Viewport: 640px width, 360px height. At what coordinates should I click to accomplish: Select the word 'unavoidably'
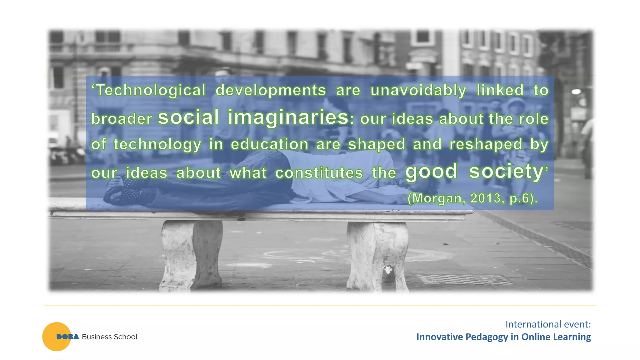click(418, 90)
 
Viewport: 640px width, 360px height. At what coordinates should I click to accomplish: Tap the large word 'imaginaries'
click(288, 117)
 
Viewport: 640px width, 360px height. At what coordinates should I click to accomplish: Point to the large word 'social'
click(188, 117)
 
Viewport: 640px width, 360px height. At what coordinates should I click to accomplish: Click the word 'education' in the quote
click(270, 144)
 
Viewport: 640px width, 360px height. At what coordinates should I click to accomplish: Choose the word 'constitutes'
click(319, 173)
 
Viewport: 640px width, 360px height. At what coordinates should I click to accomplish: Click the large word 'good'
click(431, 172)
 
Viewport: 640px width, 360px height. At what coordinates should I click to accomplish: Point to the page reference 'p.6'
click(520, 198)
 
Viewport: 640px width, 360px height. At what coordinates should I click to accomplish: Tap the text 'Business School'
click(109, 337)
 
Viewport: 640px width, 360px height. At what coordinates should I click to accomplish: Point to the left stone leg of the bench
click(191, 255)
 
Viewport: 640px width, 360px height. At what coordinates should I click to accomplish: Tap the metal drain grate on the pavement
click(464, 279)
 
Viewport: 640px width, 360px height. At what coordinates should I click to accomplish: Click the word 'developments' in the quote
click(271, 90)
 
